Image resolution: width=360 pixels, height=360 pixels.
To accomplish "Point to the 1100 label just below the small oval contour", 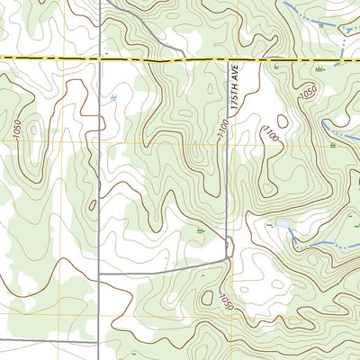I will pos(270,134).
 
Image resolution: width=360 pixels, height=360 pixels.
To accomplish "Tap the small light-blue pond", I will pos(283,224).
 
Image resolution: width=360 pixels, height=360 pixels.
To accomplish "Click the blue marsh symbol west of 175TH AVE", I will pos(113,95).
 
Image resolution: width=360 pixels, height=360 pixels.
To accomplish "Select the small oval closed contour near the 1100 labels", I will pos(283,121).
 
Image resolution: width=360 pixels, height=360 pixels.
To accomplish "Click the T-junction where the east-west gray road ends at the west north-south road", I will pos(98,273).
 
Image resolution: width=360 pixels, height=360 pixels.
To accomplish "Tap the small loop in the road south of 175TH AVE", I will pos(229,245).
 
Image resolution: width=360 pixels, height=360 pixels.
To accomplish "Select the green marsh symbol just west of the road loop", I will pos(200,231).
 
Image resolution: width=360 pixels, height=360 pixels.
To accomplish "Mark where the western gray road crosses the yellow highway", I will pos(98,58).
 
